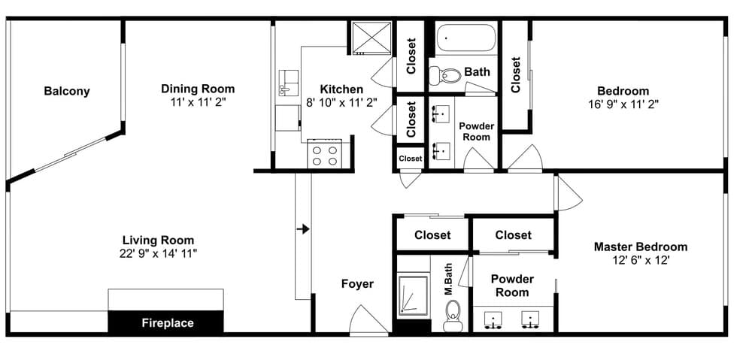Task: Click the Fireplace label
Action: pos(168,323)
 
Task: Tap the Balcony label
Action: pos(66,92)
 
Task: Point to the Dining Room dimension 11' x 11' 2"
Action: pos(198,102)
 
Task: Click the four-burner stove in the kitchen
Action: pos(324,155)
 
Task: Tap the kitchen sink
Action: pos(287,83)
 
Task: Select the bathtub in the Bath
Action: pos(465,38)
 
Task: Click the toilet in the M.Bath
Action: pos(453,316)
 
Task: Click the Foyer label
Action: pos(357,284)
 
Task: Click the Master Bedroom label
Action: pos(640,247)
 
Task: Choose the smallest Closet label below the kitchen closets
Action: pos(410,159)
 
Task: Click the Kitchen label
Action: pos(341,89)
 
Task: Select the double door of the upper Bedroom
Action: pos(524,159)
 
